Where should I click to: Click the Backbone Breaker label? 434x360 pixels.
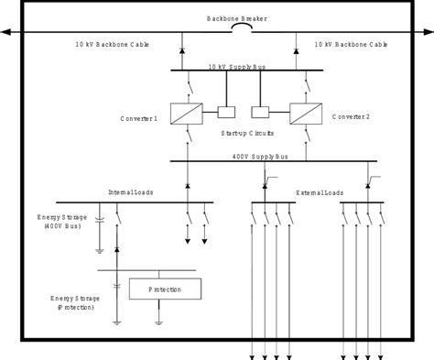coord(216,18)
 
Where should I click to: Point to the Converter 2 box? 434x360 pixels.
coord(303,114)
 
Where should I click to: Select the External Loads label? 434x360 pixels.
coord(319,192)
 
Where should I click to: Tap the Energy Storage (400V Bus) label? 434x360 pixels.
coord(62,224)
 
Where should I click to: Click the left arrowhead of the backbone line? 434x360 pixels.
coord(5,32)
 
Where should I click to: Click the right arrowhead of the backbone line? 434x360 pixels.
coord(429,32)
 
